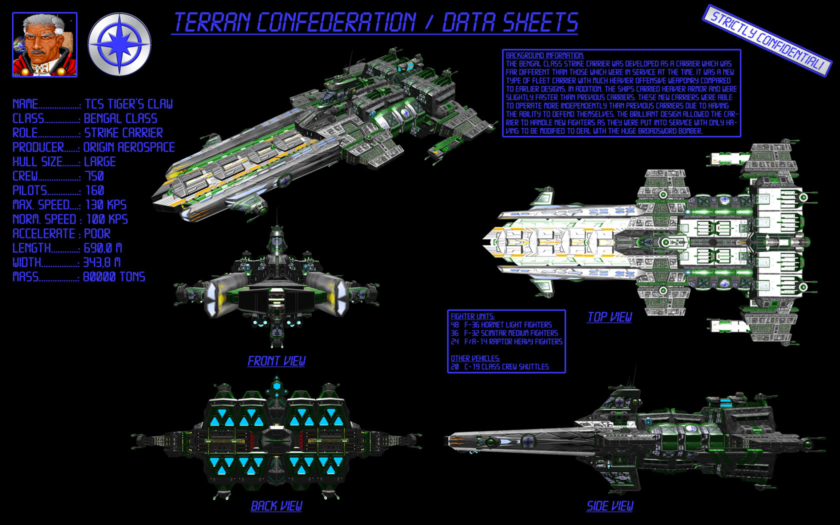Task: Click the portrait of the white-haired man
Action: (44, 45)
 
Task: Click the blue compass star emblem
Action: (119, 44)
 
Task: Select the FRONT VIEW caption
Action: (276, 361)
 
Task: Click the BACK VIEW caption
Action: (276, 506)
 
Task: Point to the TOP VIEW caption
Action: (609, 317)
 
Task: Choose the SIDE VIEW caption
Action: (609, 506)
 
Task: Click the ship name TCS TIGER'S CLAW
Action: (128, 104)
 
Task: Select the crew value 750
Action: (94, 176)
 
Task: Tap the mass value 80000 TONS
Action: (114, 277)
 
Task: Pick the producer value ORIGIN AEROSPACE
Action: (129, 147)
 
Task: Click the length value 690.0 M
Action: (102, 248)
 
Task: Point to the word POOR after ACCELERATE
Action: (97, 233)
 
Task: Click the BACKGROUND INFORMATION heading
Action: (544, 55)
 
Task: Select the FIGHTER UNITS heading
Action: (472, 316)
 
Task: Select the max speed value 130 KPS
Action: (105, 205)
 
